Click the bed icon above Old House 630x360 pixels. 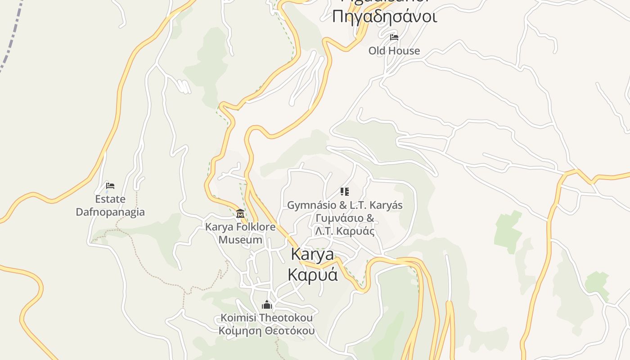(x=394, y=37)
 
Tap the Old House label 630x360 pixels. (x=394, y=51)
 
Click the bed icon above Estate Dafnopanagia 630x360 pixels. (x=110, y=185)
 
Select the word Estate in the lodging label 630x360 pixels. (x=110, y=199)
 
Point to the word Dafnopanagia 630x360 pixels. (x=110, y=212)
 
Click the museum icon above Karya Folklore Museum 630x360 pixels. (x=240, y=213)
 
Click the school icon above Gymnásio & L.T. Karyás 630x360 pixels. (x=345, y=192)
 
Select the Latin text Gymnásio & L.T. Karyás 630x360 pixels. (x=345, y=205)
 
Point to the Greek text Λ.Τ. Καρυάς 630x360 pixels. (x=345, y=231)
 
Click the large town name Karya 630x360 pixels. (x=313, y=254)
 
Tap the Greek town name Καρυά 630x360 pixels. (x=313, y=274)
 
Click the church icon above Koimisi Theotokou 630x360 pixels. (x=267, y=305)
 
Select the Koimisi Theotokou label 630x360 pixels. (x=266, y=318)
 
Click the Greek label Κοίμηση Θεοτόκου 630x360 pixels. (x=266, y=331)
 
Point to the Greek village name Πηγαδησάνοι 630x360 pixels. (x=384, y=16)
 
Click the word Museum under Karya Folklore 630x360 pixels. (x=240, y=240)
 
